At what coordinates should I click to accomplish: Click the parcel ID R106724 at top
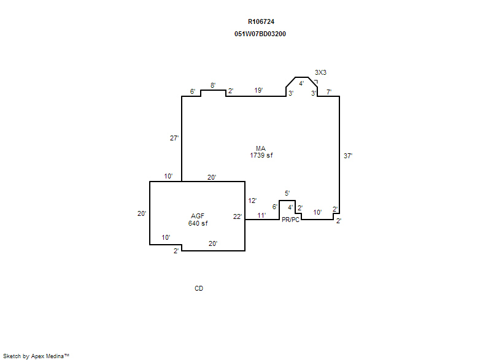261,21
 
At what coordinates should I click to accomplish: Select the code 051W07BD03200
260,34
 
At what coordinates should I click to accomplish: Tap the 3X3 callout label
320,72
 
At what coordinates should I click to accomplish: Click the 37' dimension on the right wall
348,156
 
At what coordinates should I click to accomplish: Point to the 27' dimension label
174,138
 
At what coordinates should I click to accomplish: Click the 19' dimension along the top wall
258,90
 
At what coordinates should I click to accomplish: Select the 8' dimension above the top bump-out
213,85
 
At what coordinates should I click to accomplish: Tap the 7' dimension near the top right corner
329,92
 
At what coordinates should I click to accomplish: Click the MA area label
261,148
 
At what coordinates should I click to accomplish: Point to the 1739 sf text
261,155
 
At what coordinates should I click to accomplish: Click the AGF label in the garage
198,216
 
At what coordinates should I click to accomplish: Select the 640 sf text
198,223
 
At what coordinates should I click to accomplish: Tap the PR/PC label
290,220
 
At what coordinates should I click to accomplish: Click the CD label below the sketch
199,288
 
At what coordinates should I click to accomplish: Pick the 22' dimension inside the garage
238,216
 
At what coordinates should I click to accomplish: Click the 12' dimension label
252,201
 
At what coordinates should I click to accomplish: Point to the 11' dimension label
261,215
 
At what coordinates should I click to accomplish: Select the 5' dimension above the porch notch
287,193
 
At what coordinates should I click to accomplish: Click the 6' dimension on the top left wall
193,91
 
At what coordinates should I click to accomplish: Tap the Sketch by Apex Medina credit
36,356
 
